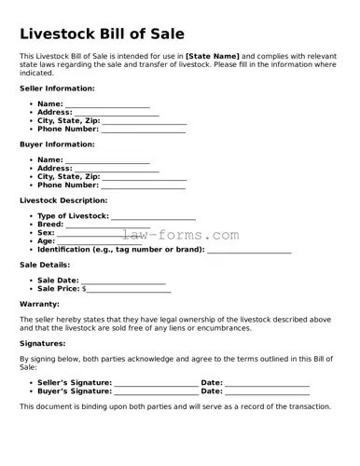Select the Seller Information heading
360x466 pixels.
(x=57, y=88)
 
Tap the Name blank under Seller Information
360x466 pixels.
(x=107, y=104)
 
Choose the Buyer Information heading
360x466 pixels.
(x=57, y=144)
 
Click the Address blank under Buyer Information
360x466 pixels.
(x=117, y=169)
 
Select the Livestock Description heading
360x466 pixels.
(x=63, y=200)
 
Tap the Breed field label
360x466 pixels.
(x=50, y=225)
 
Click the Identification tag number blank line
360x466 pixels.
(x=249, y=250)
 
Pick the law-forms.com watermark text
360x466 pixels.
(x=180, y=236)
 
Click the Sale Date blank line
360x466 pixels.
(x=123, y=280)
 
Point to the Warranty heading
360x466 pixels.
(x=39, y=304)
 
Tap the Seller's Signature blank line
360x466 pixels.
(x=156, y=383)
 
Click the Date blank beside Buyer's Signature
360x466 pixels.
(x=268, y=391)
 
